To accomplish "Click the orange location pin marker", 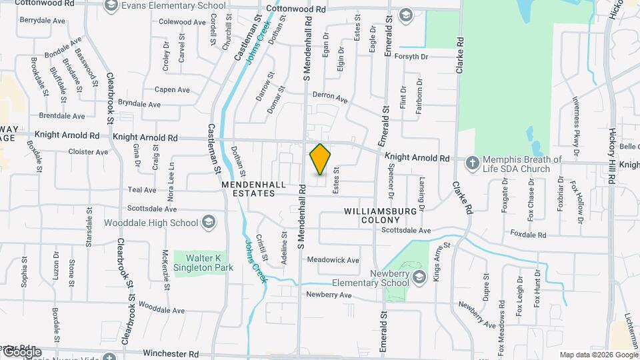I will [321, 159].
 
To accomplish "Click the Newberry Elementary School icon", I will [419, 277].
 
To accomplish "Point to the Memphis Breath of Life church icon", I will [472, 163].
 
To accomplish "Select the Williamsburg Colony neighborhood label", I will [380, 215].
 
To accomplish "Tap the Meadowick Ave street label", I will [333, 260].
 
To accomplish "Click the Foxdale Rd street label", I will [528, 235].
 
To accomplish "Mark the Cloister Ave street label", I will [87, 152].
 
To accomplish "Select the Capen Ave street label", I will [173, 89].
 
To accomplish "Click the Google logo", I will [22, 351].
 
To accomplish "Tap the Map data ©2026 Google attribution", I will [598, 355].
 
